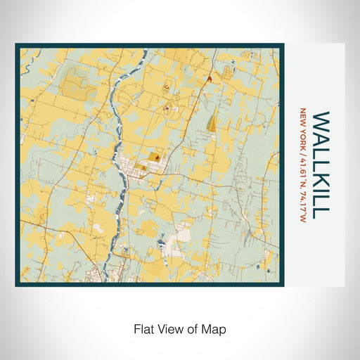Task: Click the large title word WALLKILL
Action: click(321, 164)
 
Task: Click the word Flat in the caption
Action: click(143, 328)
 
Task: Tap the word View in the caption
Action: click(169, 328)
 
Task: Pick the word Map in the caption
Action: click(215, 328)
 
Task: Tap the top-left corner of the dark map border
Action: click(17, 46)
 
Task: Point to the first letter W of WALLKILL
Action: click(321, 119)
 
